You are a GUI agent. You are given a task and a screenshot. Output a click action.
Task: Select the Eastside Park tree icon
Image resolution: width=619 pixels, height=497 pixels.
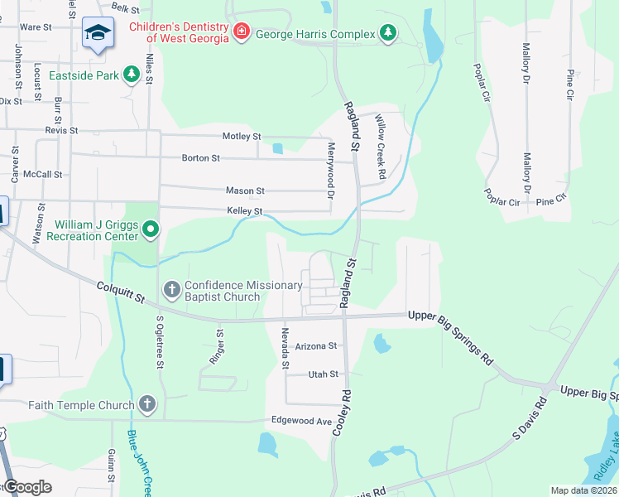(130, 75)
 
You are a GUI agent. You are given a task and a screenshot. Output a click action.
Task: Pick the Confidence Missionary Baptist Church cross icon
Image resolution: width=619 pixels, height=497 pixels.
(172, 290)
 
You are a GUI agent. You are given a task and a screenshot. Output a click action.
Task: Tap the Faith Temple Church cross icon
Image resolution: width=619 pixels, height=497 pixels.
(147, 405)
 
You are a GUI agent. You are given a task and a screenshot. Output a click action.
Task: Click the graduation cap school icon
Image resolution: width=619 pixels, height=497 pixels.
(98, 34)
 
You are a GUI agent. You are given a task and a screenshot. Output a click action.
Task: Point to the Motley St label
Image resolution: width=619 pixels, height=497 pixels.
(242, 136)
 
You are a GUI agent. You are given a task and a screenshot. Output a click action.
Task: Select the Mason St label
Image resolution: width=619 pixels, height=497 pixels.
(245, 191)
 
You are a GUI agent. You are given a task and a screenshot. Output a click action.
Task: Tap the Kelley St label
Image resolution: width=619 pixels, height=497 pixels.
(245, 211)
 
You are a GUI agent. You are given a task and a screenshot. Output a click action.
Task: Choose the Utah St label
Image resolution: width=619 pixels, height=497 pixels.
(323, 374)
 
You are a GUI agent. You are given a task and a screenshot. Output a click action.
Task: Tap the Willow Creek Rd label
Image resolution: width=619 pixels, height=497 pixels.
(381, 147)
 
